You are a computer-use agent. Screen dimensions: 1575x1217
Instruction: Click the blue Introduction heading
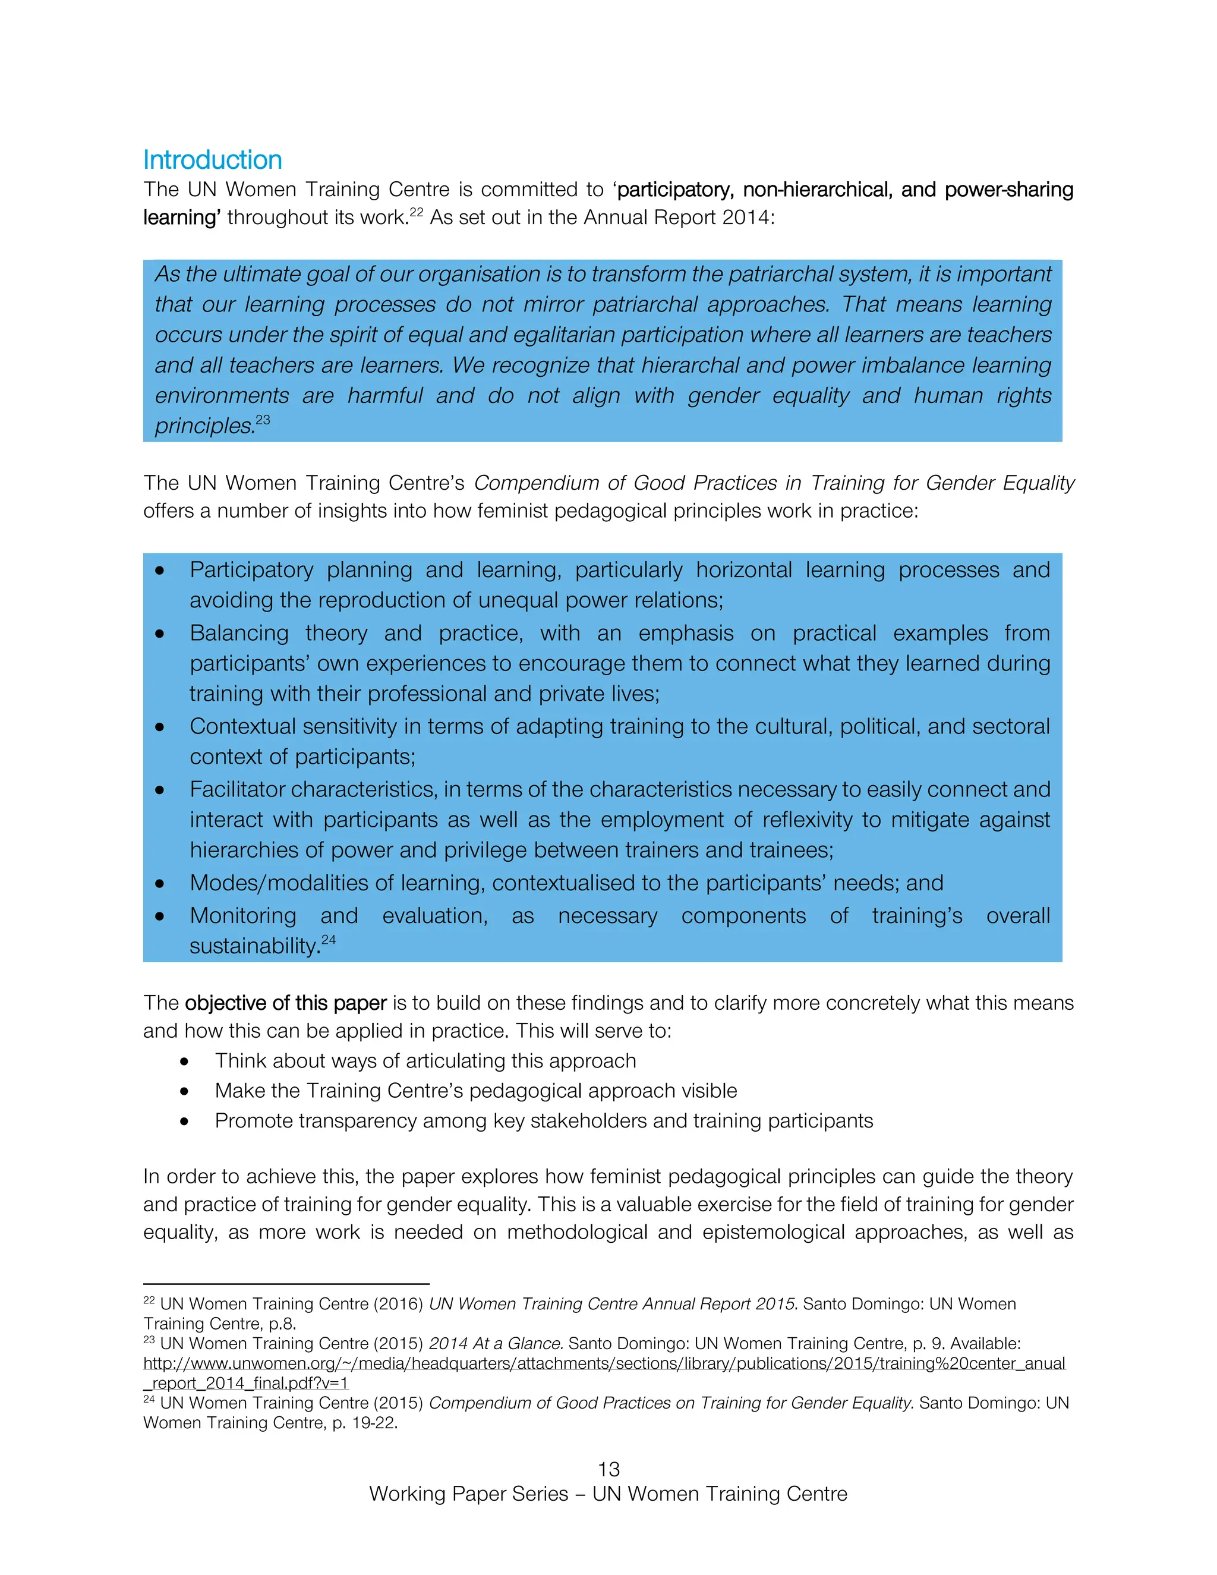tap(212, 159)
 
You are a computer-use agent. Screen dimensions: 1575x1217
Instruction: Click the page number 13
tap(608, 1469)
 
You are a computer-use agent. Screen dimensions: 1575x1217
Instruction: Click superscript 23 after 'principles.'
tap(263, 420)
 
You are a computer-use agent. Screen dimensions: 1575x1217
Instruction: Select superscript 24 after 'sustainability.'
tap(329, 940)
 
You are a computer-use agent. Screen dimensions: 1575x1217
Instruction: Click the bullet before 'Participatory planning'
tap(159, 571)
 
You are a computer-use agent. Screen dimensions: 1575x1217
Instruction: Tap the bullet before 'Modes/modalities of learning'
tap(159, 883)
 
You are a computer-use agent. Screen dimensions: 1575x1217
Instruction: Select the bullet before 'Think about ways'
tap(185, 1061)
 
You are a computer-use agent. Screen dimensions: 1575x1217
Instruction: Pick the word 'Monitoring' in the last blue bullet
tap(242, 915)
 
